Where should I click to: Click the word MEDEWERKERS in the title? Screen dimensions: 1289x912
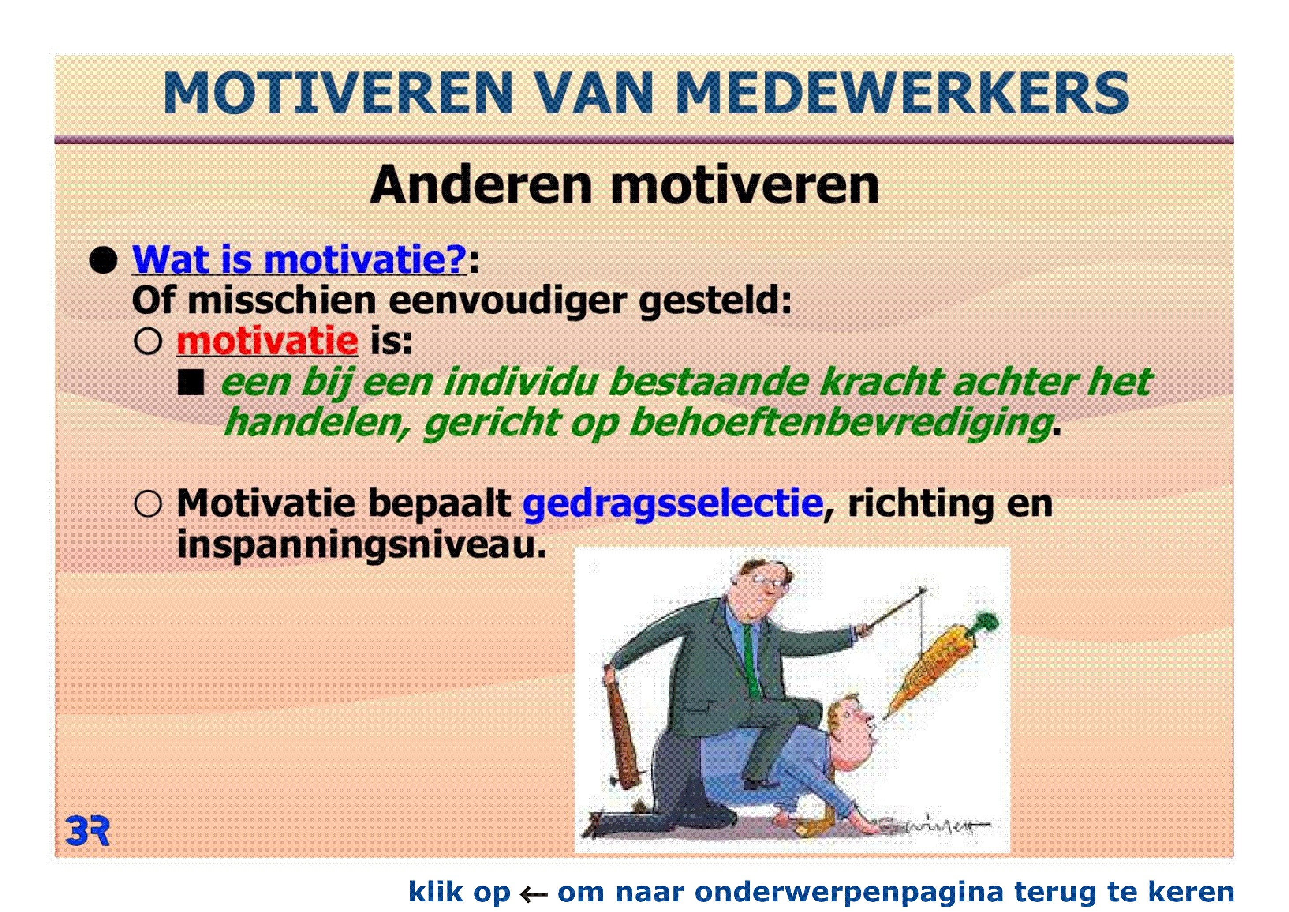point(902,93)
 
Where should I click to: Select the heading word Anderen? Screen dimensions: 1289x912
point(481,185)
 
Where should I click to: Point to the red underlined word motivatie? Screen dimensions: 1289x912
point(267,340)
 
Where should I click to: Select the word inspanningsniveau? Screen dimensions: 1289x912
point(362,544)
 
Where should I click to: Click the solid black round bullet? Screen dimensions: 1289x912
point(103,261)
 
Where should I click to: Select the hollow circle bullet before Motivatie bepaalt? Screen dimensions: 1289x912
point(148,504)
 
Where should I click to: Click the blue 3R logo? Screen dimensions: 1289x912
point(88,831)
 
